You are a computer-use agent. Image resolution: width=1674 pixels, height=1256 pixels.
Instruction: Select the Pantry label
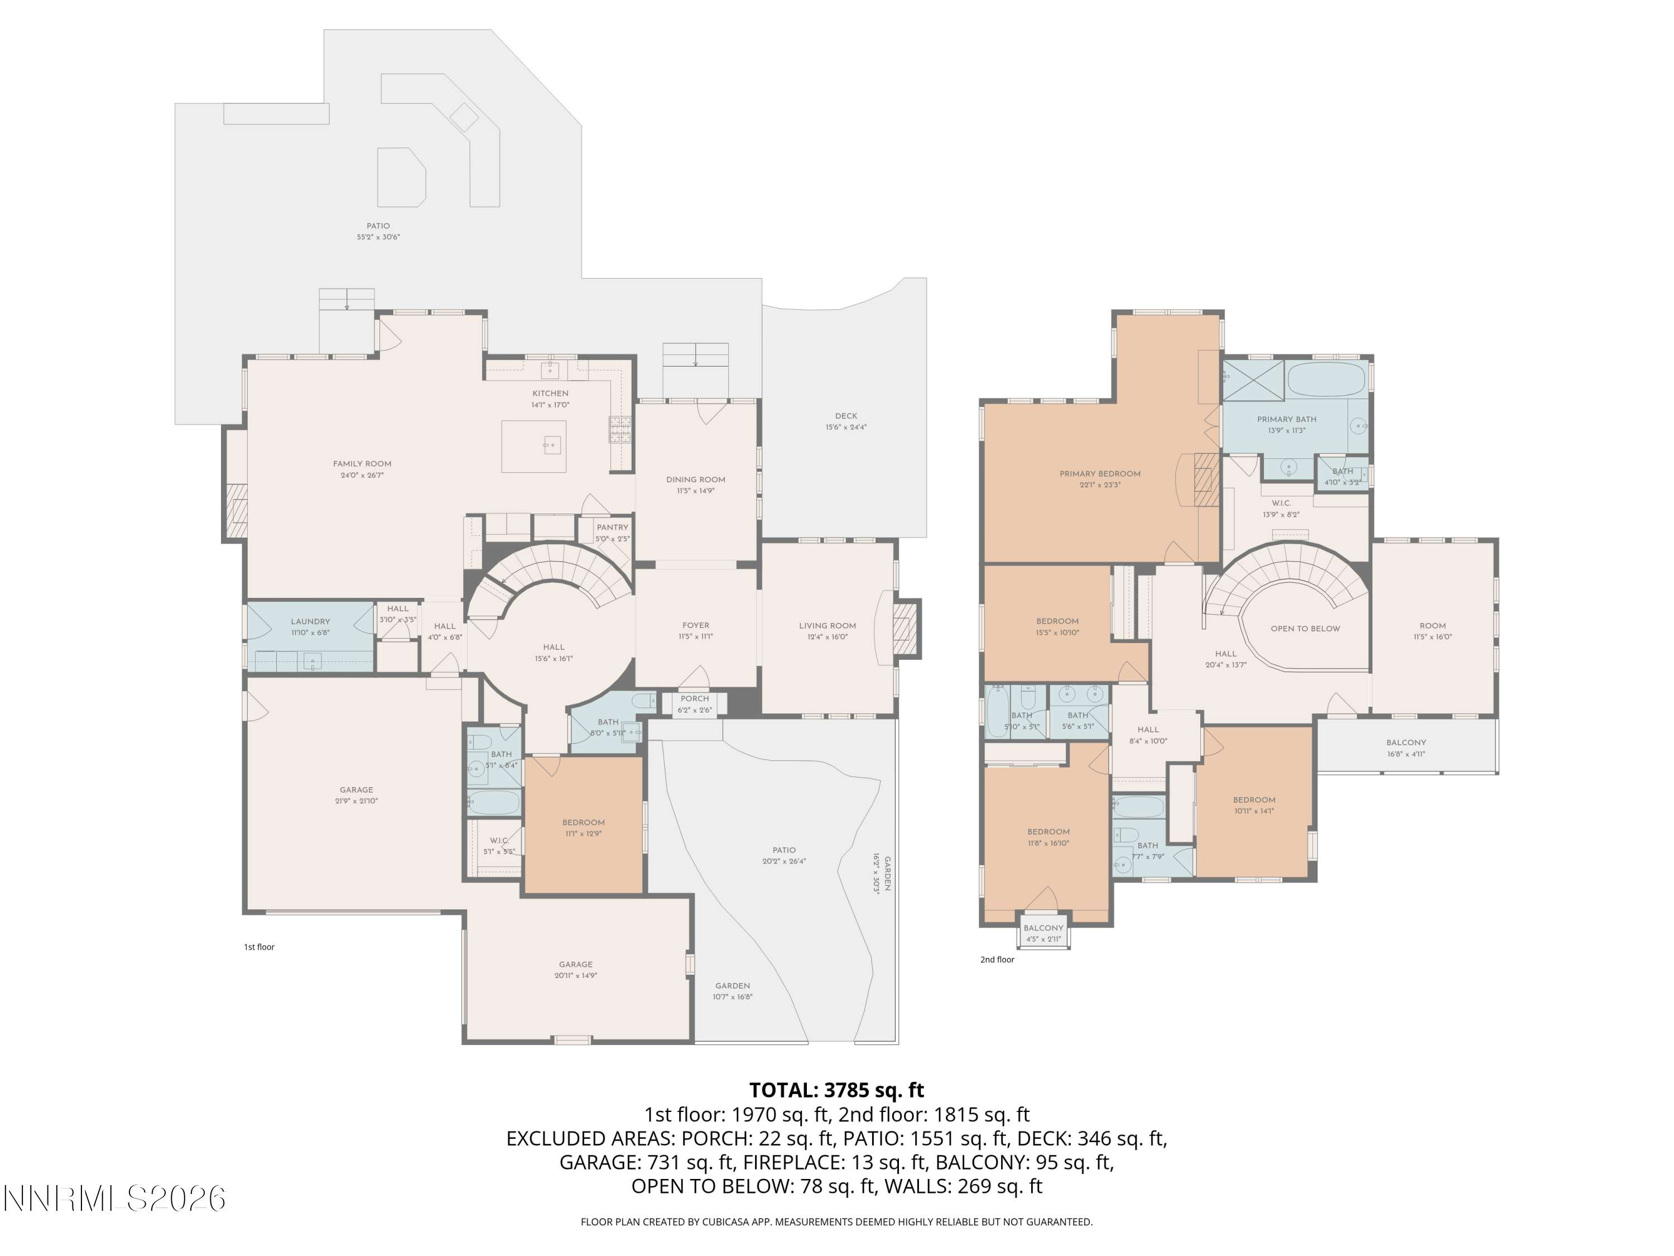pyautogui.click(x=612, y=528)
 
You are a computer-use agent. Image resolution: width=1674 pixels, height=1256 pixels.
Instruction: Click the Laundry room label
pyautogui.click(x=310, y=621)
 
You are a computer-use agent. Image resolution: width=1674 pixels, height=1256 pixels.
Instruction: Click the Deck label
pyautogui.click(x=845, y=416)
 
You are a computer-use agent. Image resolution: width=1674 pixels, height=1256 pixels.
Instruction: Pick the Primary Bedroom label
pyautogui.click(x=1100, y=474)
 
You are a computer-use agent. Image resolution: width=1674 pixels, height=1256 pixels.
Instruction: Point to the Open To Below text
pyautogui.click(x=1305, y=629)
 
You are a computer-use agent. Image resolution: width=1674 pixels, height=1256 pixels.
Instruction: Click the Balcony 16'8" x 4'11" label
pyautogui.click(x=1406, y=742)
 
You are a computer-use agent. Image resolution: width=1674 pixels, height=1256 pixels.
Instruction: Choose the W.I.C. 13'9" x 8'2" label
pyautogui.click(x=1281, y=504)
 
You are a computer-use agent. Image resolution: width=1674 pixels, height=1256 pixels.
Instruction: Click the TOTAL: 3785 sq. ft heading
pyautogui.click(x=836, y=1090)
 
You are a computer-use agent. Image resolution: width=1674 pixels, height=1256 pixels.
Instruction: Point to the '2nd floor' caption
pyautogui.click(x=997, y=959)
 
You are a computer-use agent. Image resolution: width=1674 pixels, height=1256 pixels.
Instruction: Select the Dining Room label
pyautogui.click(x=695, y=479)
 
